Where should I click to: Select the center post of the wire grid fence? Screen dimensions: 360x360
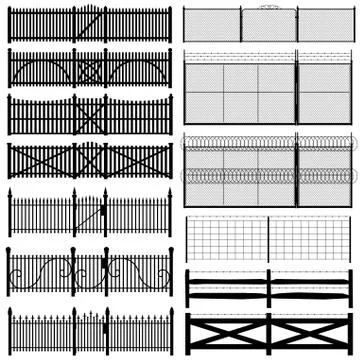pyautogui.click(x=268, y=238)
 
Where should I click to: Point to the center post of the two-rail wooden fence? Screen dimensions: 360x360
pyautogui.click(x=268, y=288)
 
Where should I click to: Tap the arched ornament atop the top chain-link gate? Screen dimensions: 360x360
pyautogui.click(x=269, y=7)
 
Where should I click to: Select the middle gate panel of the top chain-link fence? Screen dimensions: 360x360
pyautogui.click(x=269, y=25)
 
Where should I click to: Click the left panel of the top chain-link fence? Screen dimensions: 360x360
pyautogui.click(x=212, y=25)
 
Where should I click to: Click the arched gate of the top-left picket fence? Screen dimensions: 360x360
pyautogui.click(x=89, y=23)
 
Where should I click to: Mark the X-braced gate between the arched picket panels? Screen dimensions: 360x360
pyautogui.click(x=89, y=70)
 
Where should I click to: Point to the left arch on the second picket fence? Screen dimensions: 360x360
pyautogui.click(x=40, y=70)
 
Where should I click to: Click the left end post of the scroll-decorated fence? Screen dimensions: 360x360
pyautogui.click(x=9, y=272)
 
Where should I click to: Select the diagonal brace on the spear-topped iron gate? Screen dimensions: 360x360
pyautogui.click(x=89, y=216)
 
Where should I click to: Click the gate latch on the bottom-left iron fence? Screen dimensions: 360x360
pyautogui.click(x=104, y=327)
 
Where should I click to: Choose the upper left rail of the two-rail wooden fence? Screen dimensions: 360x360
pyautogui.click(x=227, y=281)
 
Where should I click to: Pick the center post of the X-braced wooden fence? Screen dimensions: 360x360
pyautogui.click(x=268, y=334)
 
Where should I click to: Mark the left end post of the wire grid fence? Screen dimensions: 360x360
pyautogui.click(x=188, y=238)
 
